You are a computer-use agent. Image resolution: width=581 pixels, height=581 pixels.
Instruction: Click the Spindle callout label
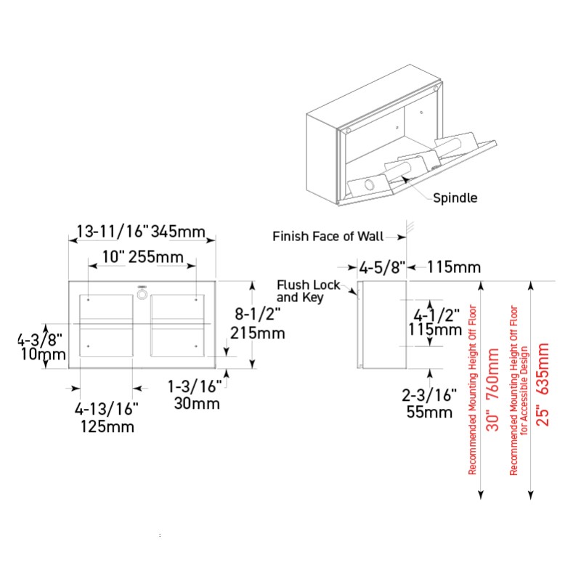point(455,198)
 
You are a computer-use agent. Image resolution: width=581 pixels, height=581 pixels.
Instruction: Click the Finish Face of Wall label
point(328,236)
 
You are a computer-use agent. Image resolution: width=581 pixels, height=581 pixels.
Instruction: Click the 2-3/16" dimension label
point(429,395)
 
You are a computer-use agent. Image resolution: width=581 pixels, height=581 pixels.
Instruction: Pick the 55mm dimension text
point(429,413)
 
